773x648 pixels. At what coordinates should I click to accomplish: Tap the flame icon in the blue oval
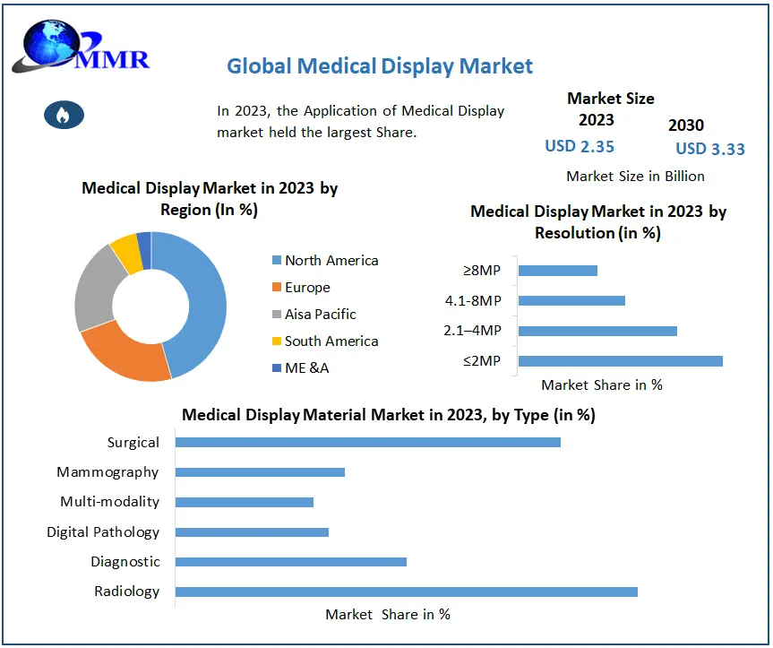pos(64,114)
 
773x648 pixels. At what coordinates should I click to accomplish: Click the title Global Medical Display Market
pos(379,65)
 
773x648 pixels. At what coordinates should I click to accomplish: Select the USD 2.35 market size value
pos(580,146)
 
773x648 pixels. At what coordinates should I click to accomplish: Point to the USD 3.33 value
pos(710,149)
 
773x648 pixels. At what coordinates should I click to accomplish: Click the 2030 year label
pos(686,125)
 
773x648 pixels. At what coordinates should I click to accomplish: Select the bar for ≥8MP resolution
pos(557,271)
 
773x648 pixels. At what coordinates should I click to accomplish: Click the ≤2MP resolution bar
pos(620,361)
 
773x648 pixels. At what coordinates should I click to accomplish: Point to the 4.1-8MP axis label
pos(473,300)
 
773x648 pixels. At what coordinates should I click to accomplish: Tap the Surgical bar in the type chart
pos(367,442)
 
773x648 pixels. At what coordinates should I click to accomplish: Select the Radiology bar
pos(406,592)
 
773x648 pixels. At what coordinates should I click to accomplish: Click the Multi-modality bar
pos(245,502)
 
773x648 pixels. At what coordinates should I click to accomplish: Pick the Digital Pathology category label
pos(103,531)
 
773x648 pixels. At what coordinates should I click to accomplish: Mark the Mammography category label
pos(107,471)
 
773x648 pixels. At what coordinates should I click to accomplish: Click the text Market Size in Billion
pos(636,176)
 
